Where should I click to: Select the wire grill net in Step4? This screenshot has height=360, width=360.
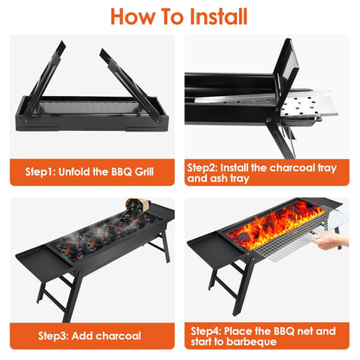pyautogui.click(x=286, y=252)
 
